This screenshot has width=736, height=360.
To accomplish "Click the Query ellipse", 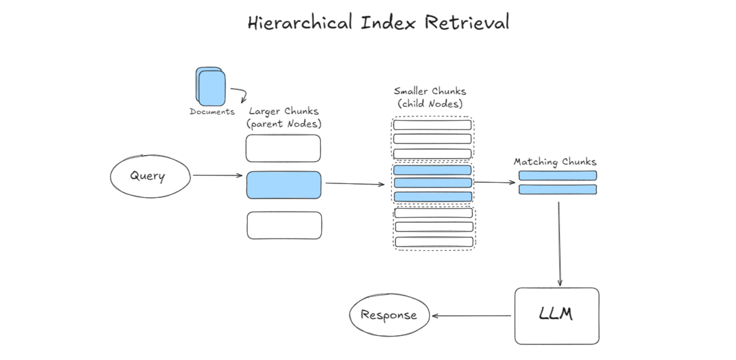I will (x=150, y=176).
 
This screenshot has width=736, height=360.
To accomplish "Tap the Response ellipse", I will (x=388, y=315).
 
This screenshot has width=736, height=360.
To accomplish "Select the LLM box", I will (x=556, y=315).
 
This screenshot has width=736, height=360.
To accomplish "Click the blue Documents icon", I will (x=210, y=86).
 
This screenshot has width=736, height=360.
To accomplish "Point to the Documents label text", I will (x=212, y=111).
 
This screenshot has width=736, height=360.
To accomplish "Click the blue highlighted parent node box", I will (x=283, y=185).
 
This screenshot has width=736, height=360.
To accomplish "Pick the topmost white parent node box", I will (x=283, y=148).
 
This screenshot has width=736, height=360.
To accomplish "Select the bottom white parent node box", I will (x=284, y=225).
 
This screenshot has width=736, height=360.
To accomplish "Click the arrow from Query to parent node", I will (x=217, y=175).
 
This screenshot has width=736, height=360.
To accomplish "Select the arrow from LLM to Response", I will (x=471, y=315).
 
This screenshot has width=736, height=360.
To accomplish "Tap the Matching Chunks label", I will (x=555, y=162).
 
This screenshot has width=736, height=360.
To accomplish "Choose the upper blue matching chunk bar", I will (x=557, y=175).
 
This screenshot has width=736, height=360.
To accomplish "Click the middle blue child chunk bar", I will (x=433, y=183).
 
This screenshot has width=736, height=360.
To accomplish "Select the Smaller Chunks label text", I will (x=430, y=91).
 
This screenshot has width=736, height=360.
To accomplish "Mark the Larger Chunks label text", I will (x=283, y=111).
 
